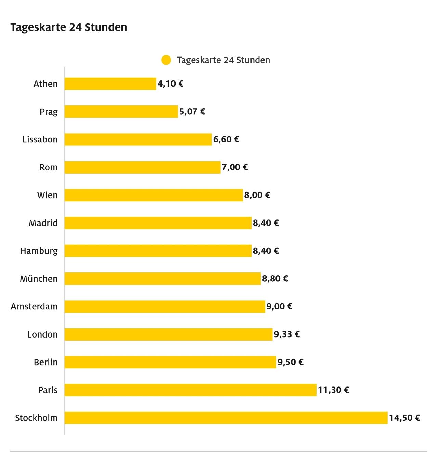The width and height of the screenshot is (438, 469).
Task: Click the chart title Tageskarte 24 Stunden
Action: pos(69,27)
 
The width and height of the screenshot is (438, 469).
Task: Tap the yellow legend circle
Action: pos(166,60)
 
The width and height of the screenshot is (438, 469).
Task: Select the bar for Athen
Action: pos(110,84)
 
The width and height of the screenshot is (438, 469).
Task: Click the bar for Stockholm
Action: pos(226,418)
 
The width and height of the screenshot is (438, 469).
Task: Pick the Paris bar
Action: pos(190,390)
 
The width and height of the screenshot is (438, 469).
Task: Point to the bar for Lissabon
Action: pos(138,140)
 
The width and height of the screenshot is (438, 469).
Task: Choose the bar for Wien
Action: pos(154,195)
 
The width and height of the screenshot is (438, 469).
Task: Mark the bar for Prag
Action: pos(121,112)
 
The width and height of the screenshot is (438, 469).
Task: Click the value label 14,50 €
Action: pos(404,418)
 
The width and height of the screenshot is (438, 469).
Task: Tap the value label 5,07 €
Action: pos(192,112)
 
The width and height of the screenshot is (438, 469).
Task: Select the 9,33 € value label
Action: pos(287,334)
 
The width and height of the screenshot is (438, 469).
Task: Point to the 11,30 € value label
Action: pos(333,390)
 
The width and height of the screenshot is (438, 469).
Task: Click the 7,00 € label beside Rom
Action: pos(235,167)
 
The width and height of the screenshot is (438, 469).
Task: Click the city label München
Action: pos(39,279)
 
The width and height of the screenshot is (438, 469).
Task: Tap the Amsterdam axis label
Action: pos(34,307)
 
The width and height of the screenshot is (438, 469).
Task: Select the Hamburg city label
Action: pos(39,251)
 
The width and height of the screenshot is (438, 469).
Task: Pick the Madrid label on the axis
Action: pos(43,223)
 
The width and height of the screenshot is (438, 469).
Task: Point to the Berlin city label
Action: pos(46,362)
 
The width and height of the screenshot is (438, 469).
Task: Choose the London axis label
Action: pos(42,334)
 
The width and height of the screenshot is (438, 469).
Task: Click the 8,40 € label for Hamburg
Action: pos(266,251)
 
